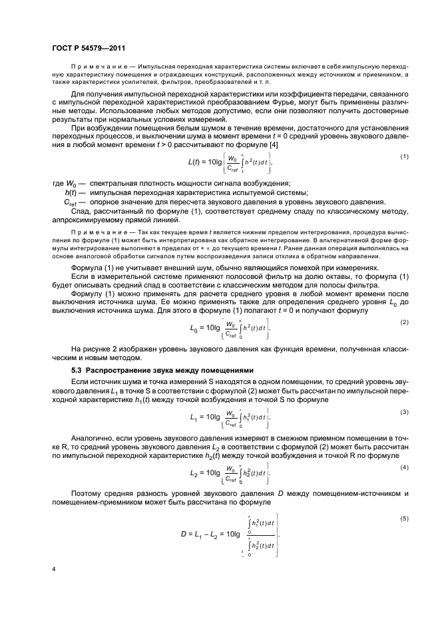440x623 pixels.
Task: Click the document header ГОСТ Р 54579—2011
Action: (89, 48)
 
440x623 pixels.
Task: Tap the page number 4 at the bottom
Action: (54, 569)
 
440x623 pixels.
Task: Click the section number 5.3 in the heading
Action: (77, 369)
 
